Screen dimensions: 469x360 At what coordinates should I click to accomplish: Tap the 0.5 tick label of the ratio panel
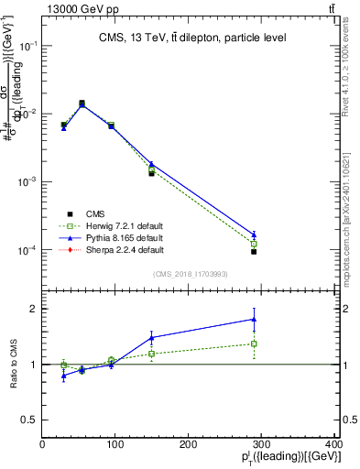pyautogui.click(x=30, y=420)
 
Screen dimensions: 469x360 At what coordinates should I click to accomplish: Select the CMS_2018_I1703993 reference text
pyautogui.click(x=191, y=273)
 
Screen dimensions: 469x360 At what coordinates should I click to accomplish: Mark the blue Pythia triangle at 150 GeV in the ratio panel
pyautogui.click(x=151, y=337)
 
